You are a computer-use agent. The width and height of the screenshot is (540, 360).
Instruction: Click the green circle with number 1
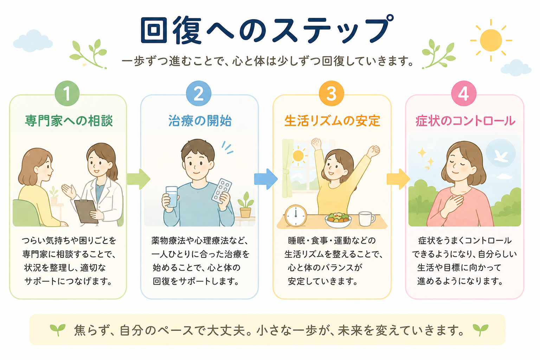coord(67,93)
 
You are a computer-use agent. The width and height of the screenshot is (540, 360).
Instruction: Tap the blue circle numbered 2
coord(198,93)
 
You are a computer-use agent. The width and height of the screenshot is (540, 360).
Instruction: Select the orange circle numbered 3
coord(331,93)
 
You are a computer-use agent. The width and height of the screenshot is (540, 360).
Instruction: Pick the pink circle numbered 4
coord(464,93)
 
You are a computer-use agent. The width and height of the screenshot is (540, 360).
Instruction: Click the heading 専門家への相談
coord(69,121)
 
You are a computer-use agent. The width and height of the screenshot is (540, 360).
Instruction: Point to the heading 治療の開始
coord(200,121)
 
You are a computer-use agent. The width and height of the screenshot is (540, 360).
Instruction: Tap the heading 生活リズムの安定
coord(332,121)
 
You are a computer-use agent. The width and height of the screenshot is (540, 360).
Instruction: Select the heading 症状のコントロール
coord(465,121)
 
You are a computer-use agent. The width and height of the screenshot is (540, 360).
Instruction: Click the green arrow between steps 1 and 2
coord(139,179)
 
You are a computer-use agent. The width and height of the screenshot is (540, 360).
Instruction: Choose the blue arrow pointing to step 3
coord(266,179)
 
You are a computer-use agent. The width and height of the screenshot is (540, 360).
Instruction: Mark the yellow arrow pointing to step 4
coord(398,179)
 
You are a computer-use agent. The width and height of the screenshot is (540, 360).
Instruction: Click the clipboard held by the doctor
coord(86,212)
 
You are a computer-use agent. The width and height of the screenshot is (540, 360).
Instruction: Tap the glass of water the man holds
coord(172,197)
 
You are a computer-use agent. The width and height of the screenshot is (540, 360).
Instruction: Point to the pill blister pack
coord(221,191)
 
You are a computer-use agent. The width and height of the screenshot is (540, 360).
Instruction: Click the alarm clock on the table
coord(296,216)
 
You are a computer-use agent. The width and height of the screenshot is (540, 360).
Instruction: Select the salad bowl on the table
coord(338,220)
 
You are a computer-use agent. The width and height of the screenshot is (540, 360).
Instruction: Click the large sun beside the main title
coord(491,40)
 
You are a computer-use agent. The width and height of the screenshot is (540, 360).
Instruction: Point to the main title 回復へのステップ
coord(267,30)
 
